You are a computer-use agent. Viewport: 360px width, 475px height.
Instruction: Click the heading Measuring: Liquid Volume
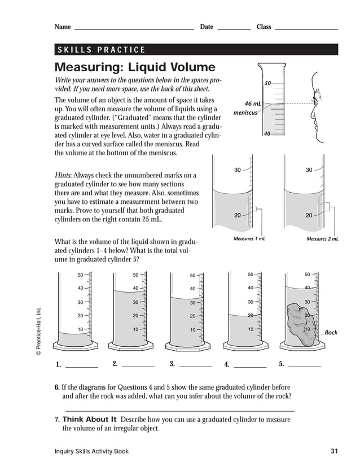coord(135,68)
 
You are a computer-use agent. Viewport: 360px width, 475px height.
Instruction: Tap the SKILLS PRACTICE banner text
coord(102,50)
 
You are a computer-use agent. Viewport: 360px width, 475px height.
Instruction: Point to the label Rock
coord(331,333)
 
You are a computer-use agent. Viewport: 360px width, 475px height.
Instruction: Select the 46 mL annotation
coord(253,104)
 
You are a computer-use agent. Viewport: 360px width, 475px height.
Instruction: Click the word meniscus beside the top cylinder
coord(245,112)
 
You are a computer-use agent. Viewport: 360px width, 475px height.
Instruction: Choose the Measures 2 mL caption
coord(322,239)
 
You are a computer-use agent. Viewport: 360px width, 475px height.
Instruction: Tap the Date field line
coord(234,28)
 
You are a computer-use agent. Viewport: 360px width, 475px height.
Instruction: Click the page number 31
coord(334,451)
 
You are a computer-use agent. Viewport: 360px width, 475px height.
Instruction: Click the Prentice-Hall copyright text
coord(39,330)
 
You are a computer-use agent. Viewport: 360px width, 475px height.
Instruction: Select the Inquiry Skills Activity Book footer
coord(91,451)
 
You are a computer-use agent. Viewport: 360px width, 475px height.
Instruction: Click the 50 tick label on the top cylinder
coord(268,83)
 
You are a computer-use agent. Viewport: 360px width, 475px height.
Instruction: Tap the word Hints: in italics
coord(63,176)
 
